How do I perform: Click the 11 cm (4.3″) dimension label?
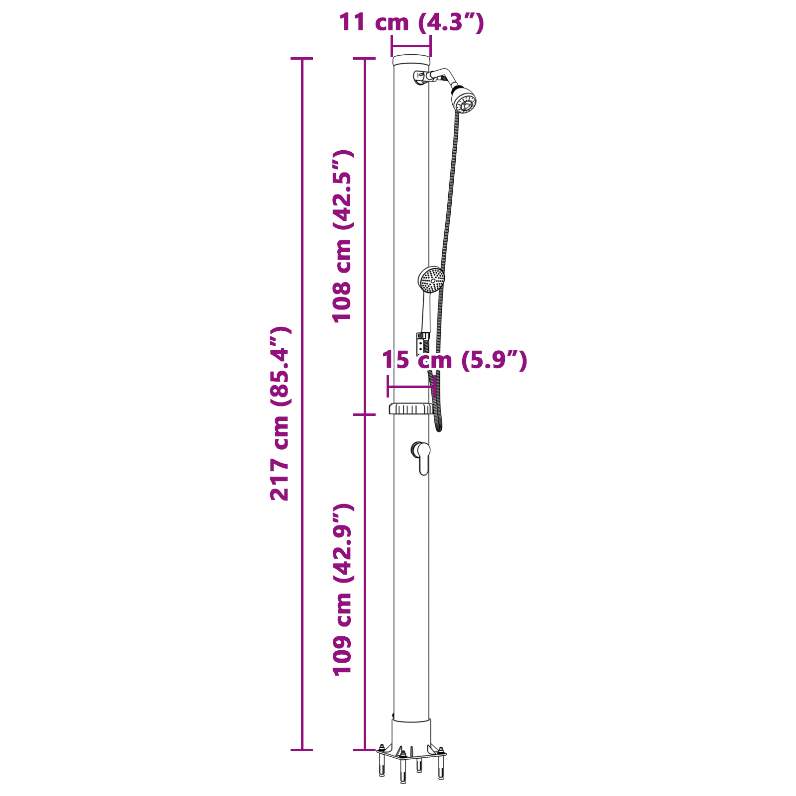[x=411, y=22]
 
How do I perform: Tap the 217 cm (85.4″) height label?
[x=280, y=413]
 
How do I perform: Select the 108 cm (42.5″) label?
[x=343, y=236]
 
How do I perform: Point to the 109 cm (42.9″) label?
[x=343, y=590]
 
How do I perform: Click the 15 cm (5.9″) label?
[x=454, y=360]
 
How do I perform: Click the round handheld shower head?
[x=431, y=280]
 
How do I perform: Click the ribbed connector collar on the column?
[x=411, y=408]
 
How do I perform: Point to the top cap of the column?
[x=411, y=61]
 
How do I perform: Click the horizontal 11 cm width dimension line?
[x=411, y=47]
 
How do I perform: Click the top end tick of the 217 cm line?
[x=301, y=59]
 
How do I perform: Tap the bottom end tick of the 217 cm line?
[x=301, y=750]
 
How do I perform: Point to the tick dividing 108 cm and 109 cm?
[x=364, y=414]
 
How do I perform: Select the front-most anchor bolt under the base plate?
[x=403, y=769]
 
